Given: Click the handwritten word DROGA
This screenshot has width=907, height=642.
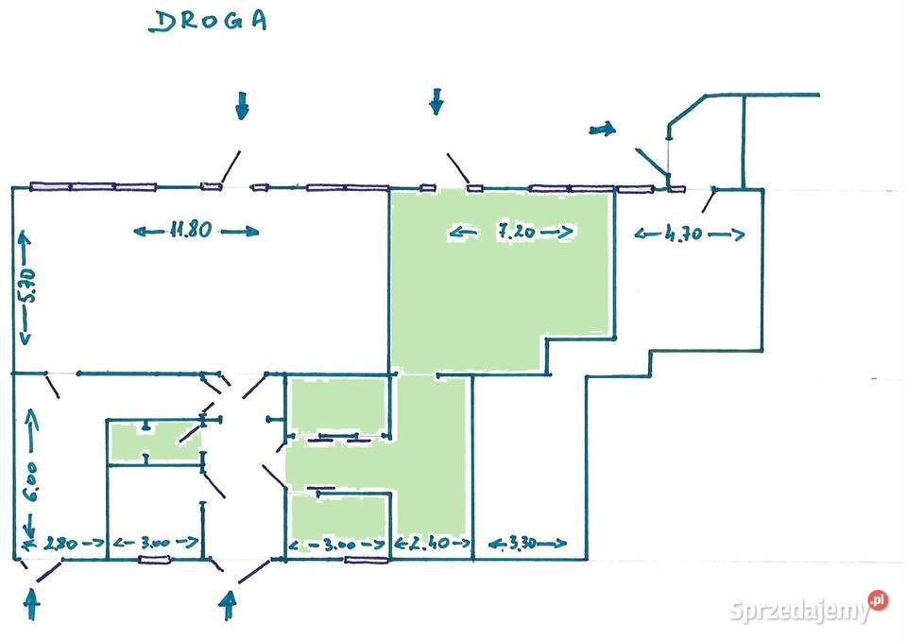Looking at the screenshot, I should (x=208, y=21).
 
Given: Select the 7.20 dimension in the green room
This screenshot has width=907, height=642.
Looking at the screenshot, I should (x=511, y=231).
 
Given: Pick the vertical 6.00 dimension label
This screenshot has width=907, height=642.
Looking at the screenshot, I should (x=31, y=480).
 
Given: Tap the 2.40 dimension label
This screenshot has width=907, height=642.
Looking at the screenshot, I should (x=431, y=544).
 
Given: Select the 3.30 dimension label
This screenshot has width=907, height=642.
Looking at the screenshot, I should (x=525, y=544).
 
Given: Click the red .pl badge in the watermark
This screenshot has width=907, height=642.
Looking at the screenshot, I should (x=879, y=600).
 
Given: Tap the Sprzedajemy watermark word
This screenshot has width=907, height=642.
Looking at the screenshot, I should (x=799, y=611).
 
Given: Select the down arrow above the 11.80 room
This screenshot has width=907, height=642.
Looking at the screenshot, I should (x=243, y=105).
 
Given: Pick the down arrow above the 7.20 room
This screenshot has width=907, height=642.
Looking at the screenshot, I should (x=436, y=100).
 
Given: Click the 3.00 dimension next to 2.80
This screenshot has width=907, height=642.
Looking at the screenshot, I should (x=155, y=543).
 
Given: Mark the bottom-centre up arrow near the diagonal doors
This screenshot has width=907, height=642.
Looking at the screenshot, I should (x=227, y=602).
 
